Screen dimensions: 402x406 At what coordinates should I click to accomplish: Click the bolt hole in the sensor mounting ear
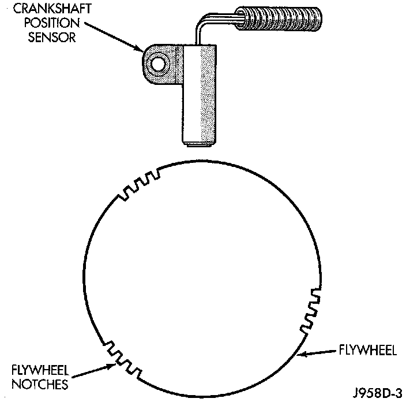coord(157,62)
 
